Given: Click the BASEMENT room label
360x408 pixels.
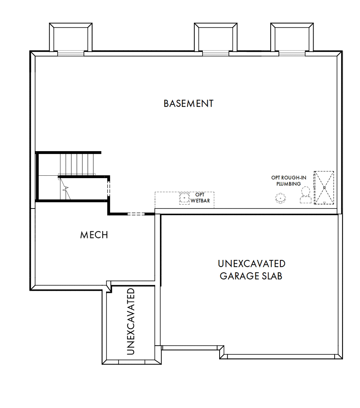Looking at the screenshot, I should (x=188, y=104).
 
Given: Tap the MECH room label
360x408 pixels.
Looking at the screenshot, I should (x=94, y=235).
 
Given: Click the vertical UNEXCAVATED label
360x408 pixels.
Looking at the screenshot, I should (x=131, y=321).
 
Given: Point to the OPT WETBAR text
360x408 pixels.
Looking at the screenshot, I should (x=200, y=198).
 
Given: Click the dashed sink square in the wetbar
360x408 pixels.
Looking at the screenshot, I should (x=184, y=198).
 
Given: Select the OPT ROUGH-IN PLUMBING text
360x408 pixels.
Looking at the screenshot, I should (x=289, y=181).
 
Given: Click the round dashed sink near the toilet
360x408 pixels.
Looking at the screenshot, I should (x=280, y=198).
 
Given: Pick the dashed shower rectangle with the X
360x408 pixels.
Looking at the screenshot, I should (x=324, y=187).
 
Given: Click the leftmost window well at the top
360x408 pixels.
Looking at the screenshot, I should (x=71, y=37).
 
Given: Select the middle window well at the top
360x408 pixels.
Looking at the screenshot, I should (x=216, y=37).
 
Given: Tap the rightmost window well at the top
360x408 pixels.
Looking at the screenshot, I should (x=292, y=37).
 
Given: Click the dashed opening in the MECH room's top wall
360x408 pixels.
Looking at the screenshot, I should (x=136, y=214).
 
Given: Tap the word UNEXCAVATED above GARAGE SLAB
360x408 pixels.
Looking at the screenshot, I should (x=251, y=264).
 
